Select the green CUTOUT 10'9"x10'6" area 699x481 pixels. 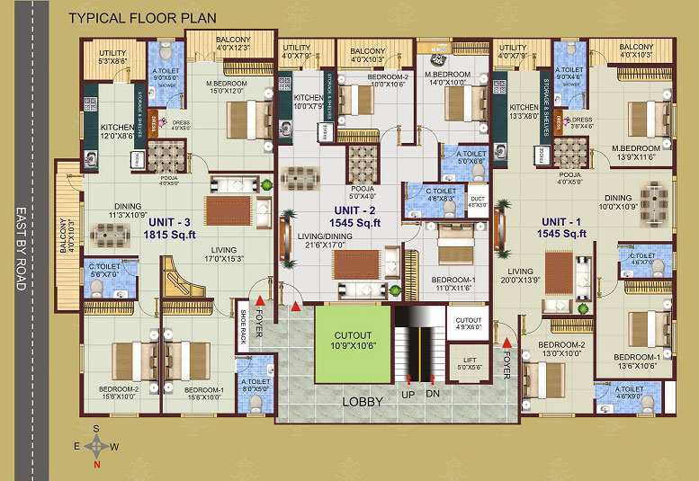tap(353, 339)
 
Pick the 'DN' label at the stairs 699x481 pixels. tap(434, 395)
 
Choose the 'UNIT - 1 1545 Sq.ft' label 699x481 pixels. tap(563, 227)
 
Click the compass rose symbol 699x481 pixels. tap(95, 446)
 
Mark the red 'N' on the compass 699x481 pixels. tap(95, 465)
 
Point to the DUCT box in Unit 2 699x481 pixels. tap(477, 200)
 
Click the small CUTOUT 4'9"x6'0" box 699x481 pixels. tap(468, 324)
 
